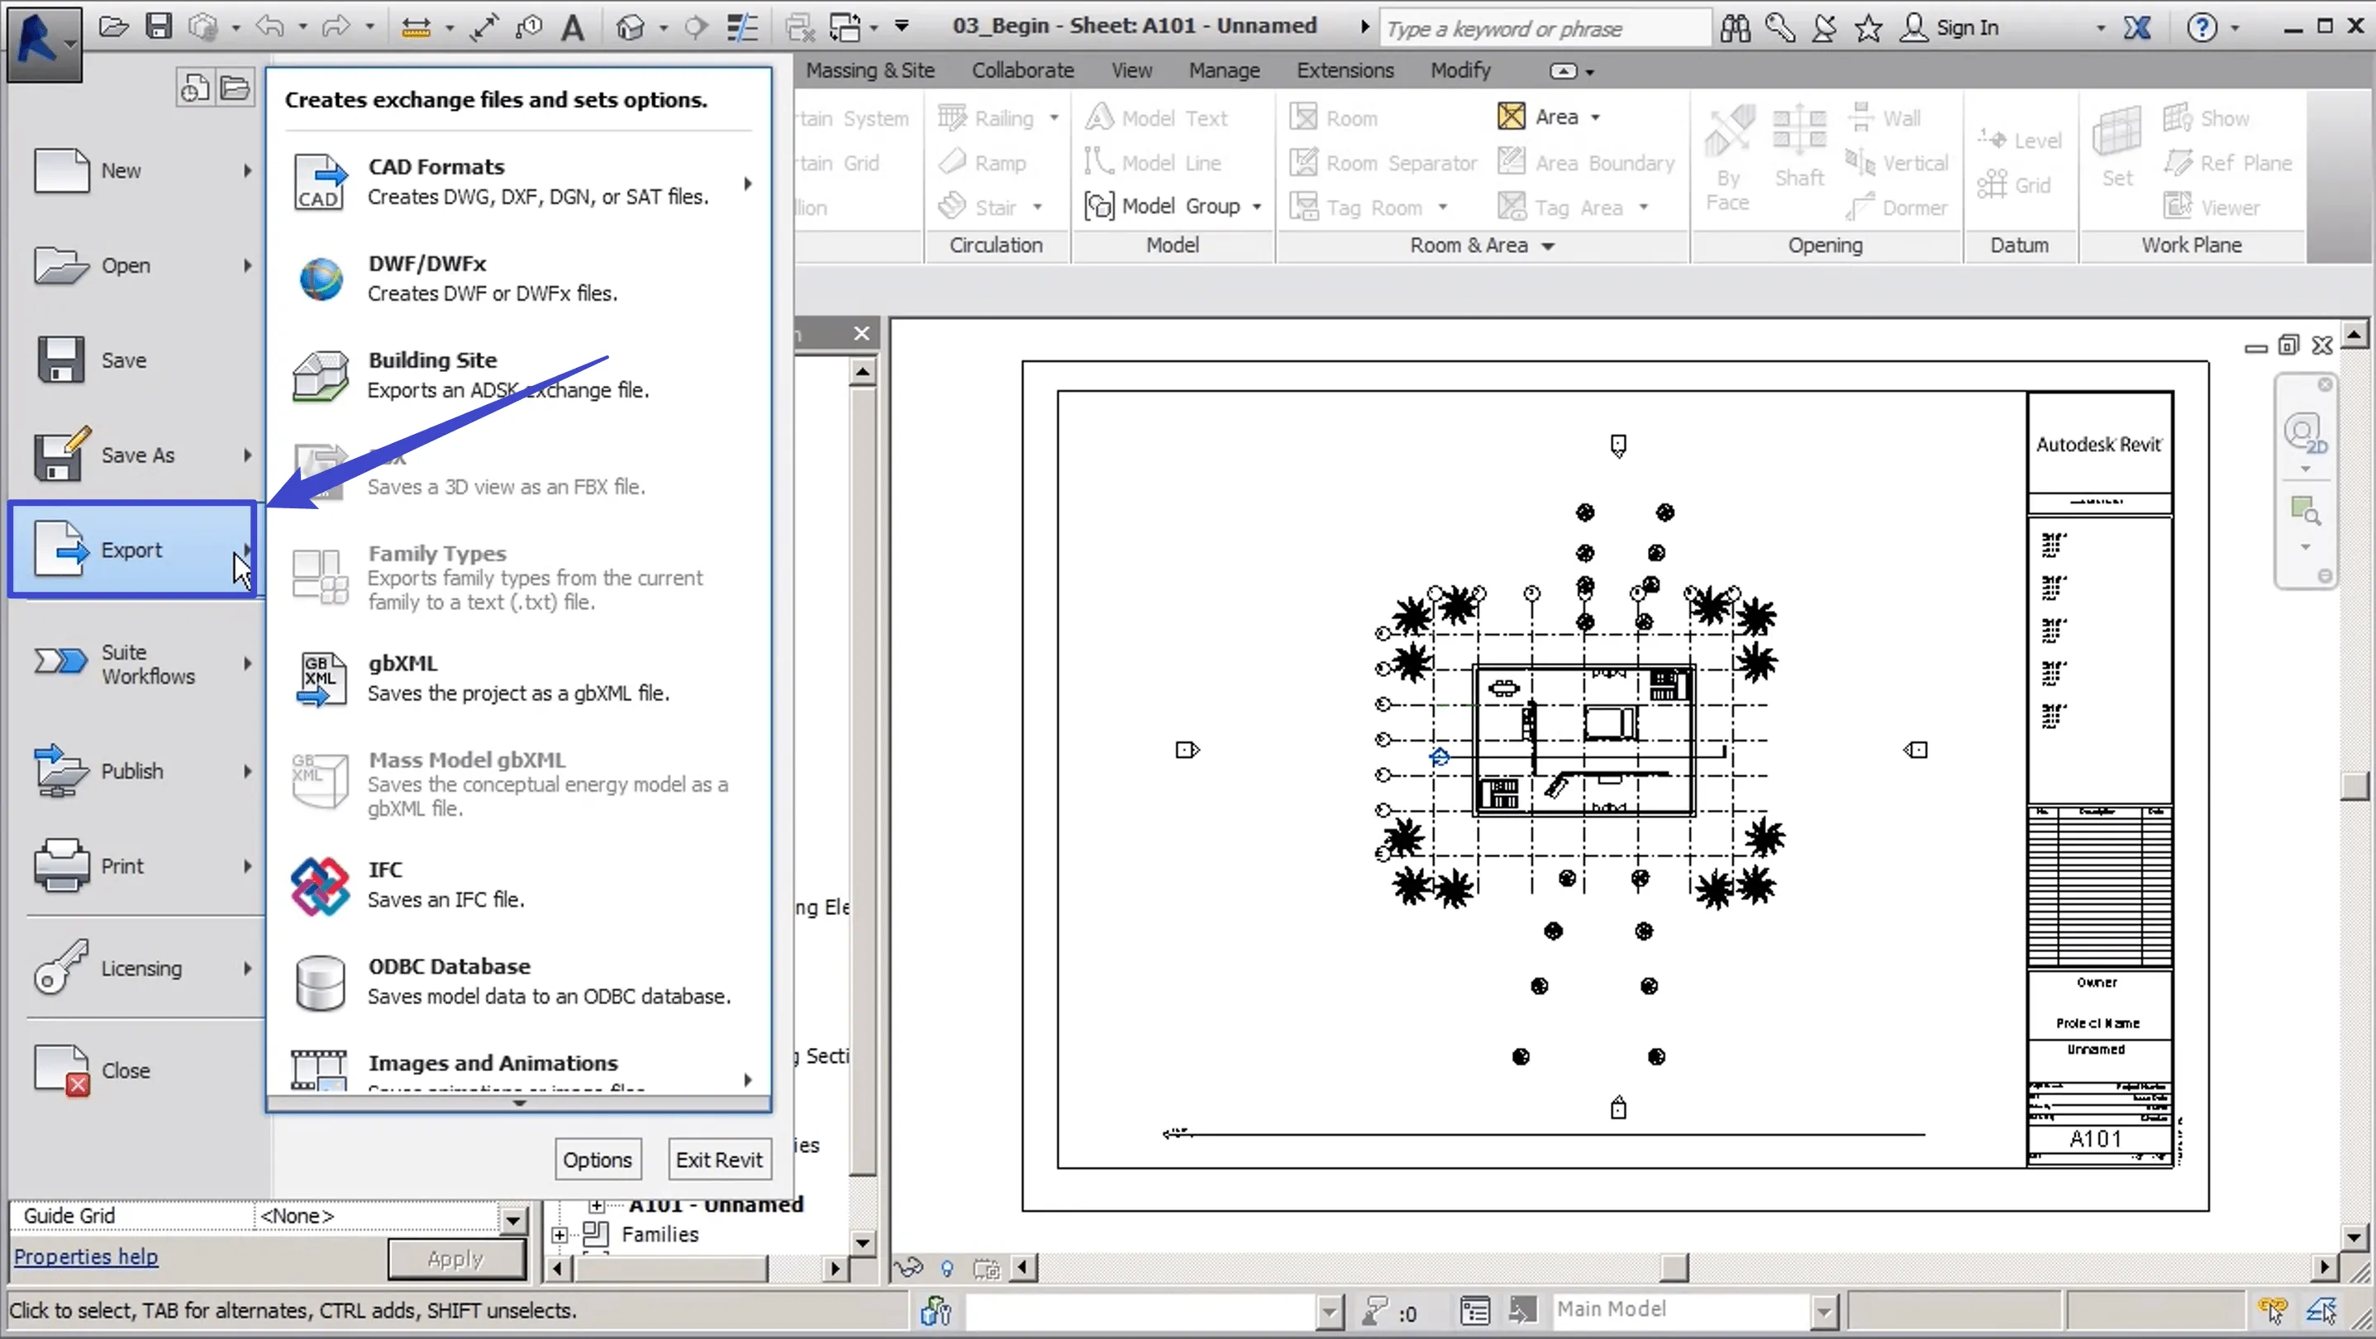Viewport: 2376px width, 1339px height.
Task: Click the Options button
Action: click(597, 1159)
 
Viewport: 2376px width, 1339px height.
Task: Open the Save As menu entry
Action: click(136, 455)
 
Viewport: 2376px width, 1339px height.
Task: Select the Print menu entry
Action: click(121, 866)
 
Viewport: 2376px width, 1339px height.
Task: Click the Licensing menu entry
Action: click(140, 968)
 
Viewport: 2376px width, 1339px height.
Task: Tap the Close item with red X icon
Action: click(125, 1070)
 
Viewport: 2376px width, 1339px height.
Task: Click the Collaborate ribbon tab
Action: click(1022, 70)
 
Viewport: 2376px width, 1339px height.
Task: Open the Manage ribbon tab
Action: click(1223, 70)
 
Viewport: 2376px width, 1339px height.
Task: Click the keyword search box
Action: click(1542, 29)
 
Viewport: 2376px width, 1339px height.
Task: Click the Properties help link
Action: click(86, 1256)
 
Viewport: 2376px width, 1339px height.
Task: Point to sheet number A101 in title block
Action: click(2095, 1139)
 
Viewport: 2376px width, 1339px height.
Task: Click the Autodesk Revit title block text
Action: click(2098, 445)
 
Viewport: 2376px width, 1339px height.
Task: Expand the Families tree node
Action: click(559, 1235)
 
